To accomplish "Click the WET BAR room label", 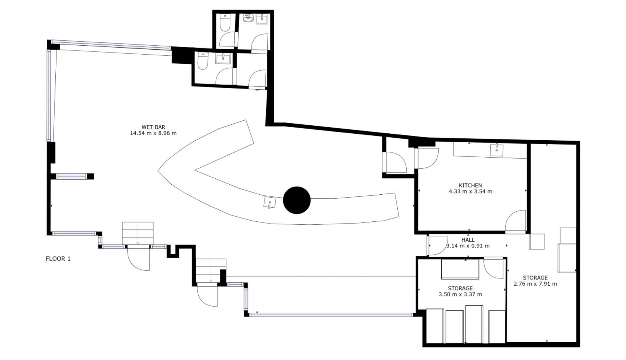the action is pos(153,127).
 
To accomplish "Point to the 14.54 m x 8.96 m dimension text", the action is pos(153,133).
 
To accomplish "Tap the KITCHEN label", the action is pos(471,185).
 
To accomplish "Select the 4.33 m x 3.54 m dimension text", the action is pos(471,192).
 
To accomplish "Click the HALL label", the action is pos(468,240).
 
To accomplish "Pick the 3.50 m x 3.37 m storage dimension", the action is pos(460,294).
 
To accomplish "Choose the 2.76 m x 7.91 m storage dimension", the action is pos(535,284).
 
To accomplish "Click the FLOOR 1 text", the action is pos(58,259).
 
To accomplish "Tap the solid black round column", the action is pos(297,200).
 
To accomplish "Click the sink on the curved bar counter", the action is pos(270,202).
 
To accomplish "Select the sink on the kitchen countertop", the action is pos(497,150).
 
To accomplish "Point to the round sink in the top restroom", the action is pos(248,18).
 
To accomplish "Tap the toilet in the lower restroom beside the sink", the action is pos(202,61).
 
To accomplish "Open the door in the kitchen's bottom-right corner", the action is pos(516,221).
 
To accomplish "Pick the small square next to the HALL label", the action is pos(537,242).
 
